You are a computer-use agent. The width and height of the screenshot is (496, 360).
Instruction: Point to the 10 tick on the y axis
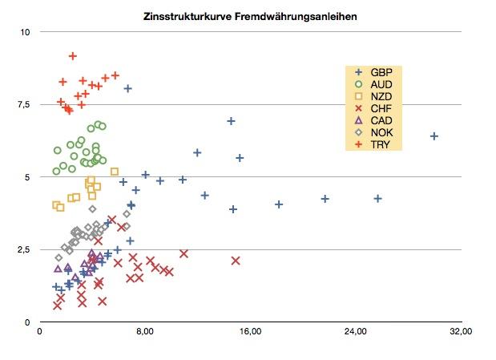(25, 32)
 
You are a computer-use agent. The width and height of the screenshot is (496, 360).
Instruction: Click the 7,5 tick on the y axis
(23, 104)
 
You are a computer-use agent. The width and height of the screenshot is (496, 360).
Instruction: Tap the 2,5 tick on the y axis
(23, 249)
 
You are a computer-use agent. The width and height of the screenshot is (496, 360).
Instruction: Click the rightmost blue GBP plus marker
(434, 136)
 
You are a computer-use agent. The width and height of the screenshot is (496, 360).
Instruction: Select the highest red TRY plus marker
(73, 56)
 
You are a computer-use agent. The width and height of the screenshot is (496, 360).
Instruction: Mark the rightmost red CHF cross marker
(236, 261)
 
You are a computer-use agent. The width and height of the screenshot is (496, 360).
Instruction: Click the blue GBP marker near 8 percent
(127, 88)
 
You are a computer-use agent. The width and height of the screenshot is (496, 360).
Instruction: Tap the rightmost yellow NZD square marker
(115, 172)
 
